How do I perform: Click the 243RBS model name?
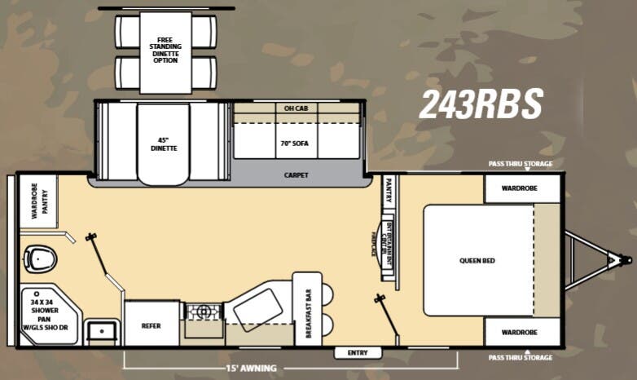tap(481, 104)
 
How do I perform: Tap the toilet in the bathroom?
tap(39, 258)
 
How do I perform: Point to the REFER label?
tap(151, 325)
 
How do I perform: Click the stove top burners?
tap(203, 311)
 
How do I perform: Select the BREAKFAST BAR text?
tap(308, 314)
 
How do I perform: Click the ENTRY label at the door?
tap(358, 353)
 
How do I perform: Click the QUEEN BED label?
tap(477, 261)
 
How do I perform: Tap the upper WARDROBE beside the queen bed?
tap(522, 189)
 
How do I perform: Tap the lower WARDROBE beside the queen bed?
tap(522, 333)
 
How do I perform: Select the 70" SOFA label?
tap(296, 142)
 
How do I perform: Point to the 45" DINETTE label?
tap(163, 144)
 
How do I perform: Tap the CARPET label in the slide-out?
tap(296, 175)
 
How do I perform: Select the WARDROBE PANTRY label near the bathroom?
tap(37, 201)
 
